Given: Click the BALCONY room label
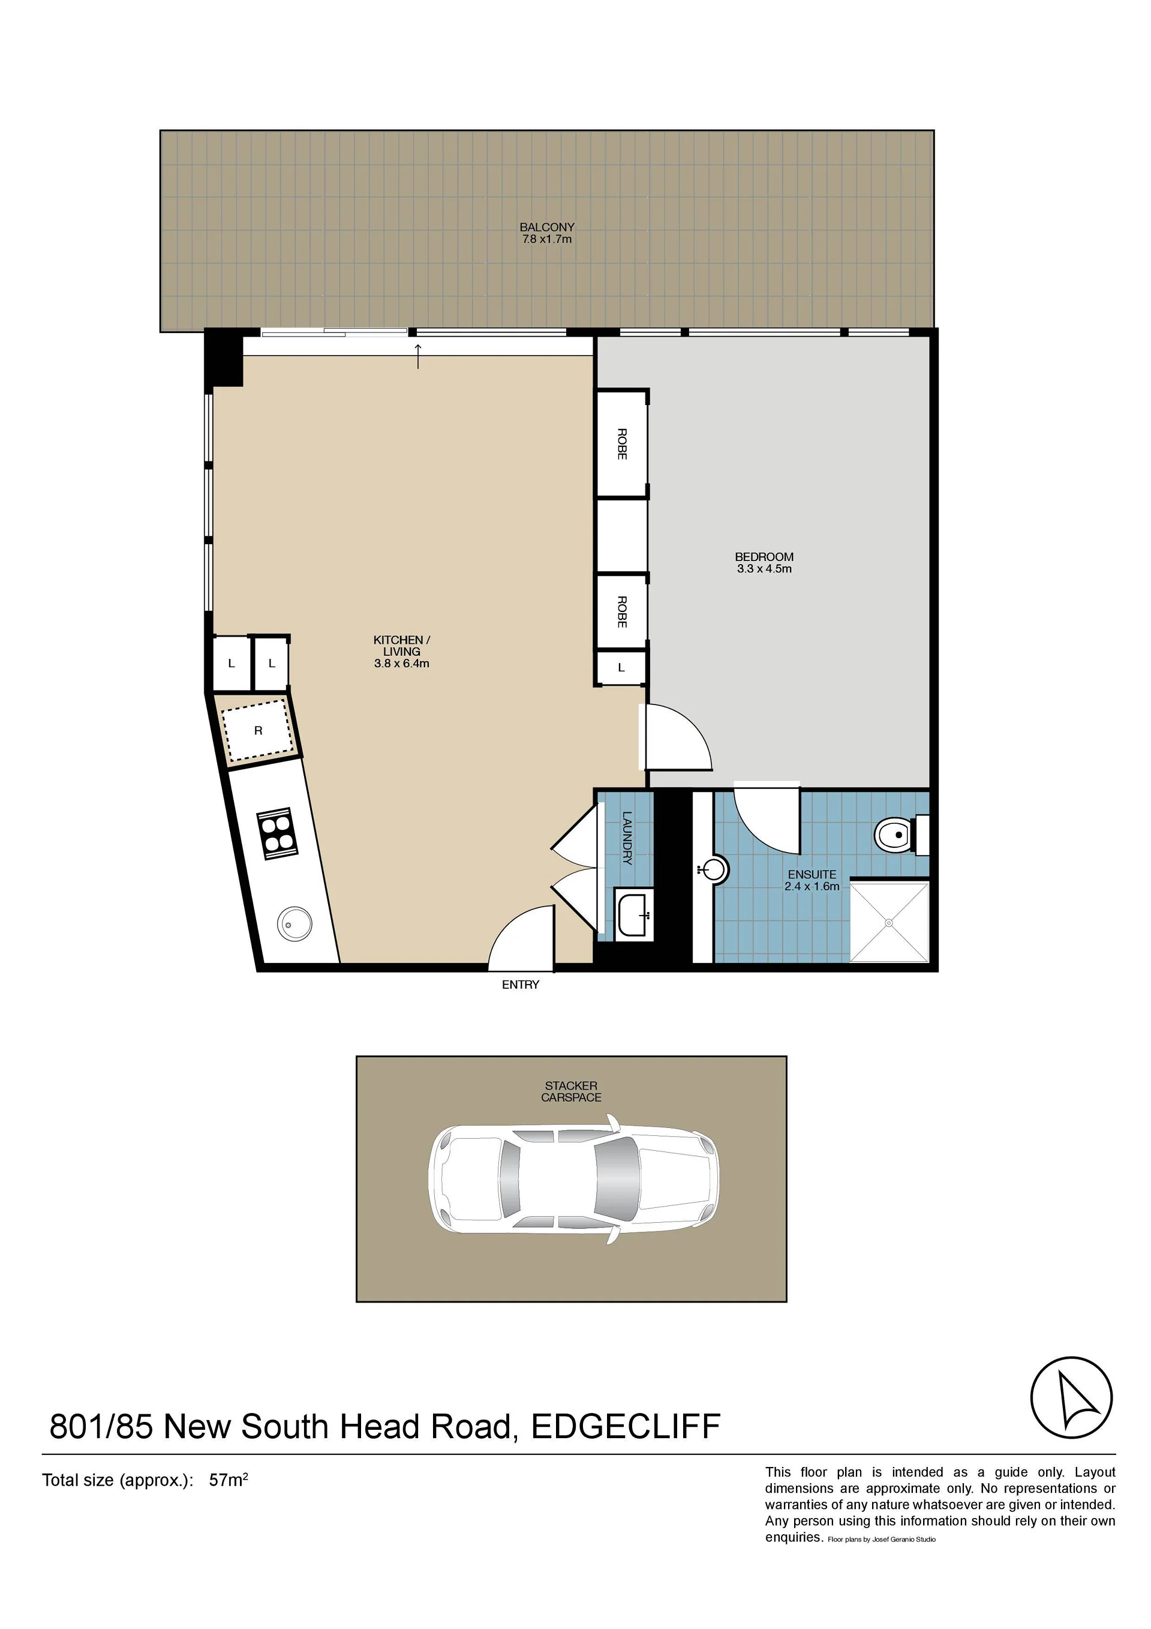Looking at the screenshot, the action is point(547,227).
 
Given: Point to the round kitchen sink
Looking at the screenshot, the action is point(294,924).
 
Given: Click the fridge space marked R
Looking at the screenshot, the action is point(258,730).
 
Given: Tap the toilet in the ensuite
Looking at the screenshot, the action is point(901,835).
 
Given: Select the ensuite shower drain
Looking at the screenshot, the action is point(889,922).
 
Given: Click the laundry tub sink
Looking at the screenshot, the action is point(633,914).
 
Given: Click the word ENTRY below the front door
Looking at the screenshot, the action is point(521,985).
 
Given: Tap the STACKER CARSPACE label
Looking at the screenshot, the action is point(571,1091).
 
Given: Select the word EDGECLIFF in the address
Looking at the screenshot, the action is point(626,1427).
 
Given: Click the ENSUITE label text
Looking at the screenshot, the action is point(812,875).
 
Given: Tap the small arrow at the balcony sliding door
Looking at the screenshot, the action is point(419,356).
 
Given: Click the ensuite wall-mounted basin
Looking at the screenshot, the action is point(713,869).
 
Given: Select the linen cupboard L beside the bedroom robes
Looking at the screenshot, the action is point(621,668).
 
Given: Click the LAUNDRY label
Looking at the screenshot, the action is point(627,838).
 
